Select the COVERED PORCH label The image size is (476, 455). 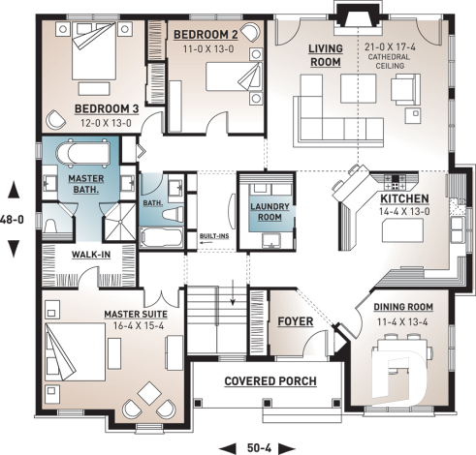tap(270, 381)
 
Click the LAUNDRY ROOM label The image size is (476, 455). tap(266, 212)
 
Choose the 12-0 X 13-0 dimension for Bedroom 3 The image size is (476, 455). tap(108, 124)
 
